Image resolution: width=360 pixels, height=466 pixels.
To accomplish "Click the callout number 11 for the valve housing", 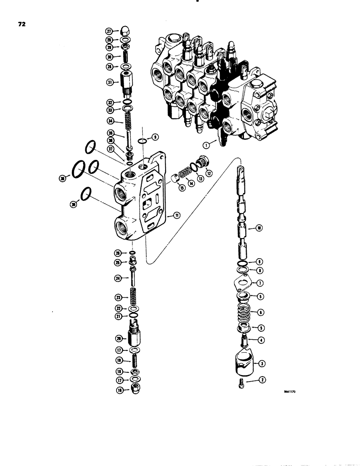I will (177, 215).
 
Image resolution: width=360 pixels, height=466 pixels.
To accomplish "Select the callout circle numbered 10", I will (259, 228).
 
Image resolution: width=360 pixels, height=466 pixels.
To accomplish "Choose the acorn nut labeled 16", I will (133, 391).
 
